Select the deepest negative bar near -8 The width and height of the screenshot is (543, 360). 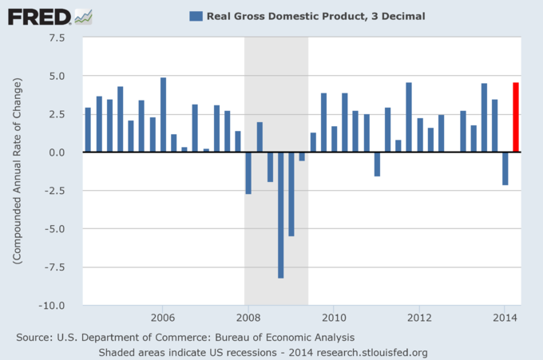(280, 215)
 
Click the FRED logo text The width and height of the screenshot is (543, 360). (37, 15)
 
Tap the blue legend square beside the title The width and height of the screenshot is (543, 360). (195, 15)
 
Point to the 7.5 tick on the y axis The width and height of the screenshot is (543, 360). (57, 38)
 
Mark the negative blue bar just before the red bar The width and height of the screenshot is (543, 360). (505, 168)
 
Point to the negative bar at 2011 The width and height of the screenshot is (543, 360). (377, 164)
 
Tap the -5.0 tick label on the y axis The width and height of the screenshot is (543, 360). (55, 229)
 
